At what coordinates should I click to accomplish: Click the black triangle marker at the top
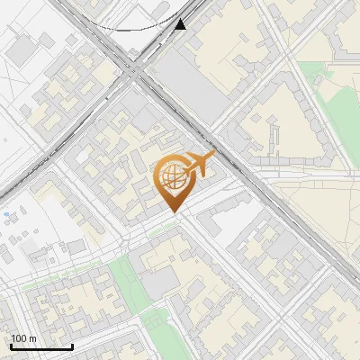click(181, 24)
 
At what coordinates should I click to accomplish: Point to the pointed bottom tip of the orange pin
click(172, 212)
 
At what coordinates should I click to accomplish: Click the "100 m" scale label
click(23, 338)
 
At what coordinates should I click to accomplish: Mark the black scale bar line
click(41, 346)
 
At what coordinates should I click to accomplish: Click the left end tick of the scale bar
click(11, 346)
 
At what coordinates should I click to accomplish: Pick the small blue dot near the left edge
click(5, 215)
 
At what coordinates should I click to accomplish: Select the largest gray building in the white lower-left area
click(76, 247)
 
